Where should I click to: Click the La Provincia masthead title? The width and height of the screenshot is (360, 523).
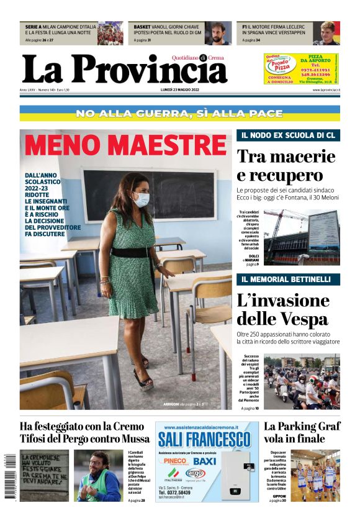tap(124, 69)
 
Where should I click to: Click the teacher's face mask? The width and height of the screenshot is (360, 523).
tap(142, 199)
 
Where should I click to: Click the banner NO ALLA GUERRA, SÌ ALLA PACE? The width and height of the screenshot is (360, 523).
tap(179, 114)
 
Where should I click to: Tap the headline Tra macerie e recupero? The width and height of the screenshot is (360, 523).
tap(286, 165)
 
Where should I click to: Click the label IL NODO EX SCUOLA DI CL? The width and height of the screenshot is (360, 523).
tap(287, 135)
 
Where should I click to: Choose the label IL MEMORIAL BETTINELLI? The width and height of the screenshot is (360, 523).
tap(287, 280)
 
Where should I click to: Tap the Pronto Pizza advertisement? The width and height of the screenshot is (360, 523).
tap(302, 69)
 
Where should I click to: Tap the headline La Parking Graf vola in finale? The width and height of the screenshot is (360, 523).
tap(302, 433)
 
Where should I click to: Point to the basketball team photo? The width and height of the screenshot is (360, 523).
tap(315, 475)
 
